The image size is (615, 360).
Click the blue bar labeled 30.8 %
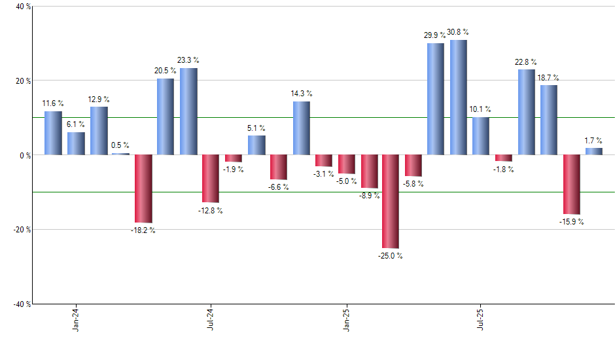pos(458,98)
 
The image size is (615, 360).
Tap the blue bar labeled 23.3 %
pos(188,111)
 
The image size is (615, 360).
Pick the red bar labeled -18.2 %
pos(143,189)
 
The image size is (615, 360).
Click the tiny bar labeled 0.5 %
pos(120,154)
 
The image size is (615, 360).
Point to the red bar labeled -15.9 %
pos(571,185)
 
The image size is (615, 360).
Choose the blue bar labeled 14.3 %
pos(302,128)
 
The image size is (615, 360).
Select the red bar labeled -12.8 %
pos(211,179)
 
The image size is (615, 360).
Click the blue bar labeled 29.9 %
pos(436,99)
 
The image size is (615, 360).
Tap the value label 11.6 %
pos(53,103)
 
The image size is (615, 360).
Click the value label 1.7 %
pos(594,140)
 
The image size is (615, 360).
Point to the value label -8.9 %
pos(370,196)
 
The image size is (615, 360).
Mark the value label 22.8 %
pos(527,62)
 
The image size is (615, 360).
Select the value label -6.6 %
pos(279,187)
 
